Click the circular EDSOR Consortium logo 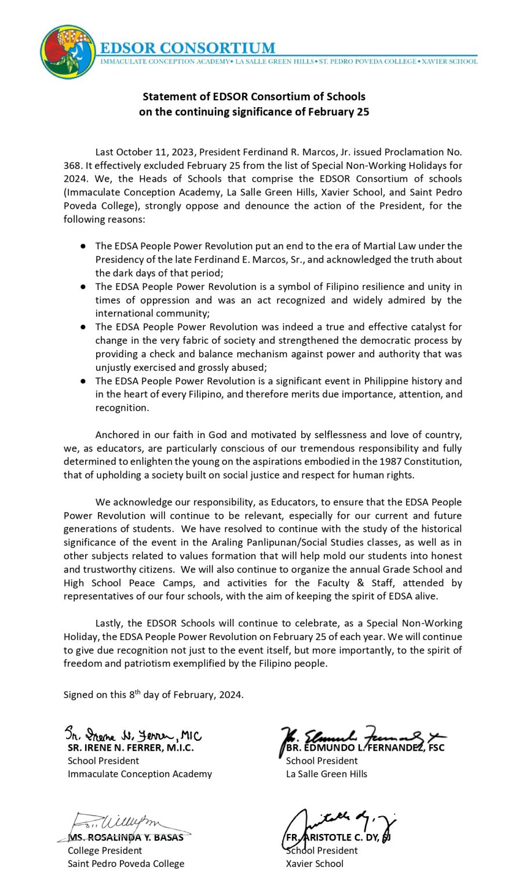click(68, 52)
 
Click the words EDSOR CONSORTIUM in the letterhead click(188, 48)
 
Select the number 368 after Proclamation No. click(72, 166)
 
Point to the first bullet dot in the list click(83, 247)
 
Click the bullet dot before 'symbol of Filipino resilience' click(83, 287)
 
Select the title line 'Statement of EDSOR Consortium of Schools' click(254, 97)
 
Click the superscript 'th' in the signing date click(137, 692)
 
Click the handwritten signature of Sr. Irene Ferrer click(133, 734)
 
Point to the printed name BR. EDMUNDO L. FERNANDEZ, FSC click(365, 748)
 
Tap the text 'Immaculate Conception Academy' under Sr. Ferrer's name click(140, 774)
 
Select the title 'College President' click(105, 851)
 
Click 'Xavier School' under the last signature click(315, 864)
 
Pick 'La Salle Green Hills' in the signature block click(327, 774)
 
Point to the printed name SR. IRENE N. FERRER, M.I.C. click(131, 748)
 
